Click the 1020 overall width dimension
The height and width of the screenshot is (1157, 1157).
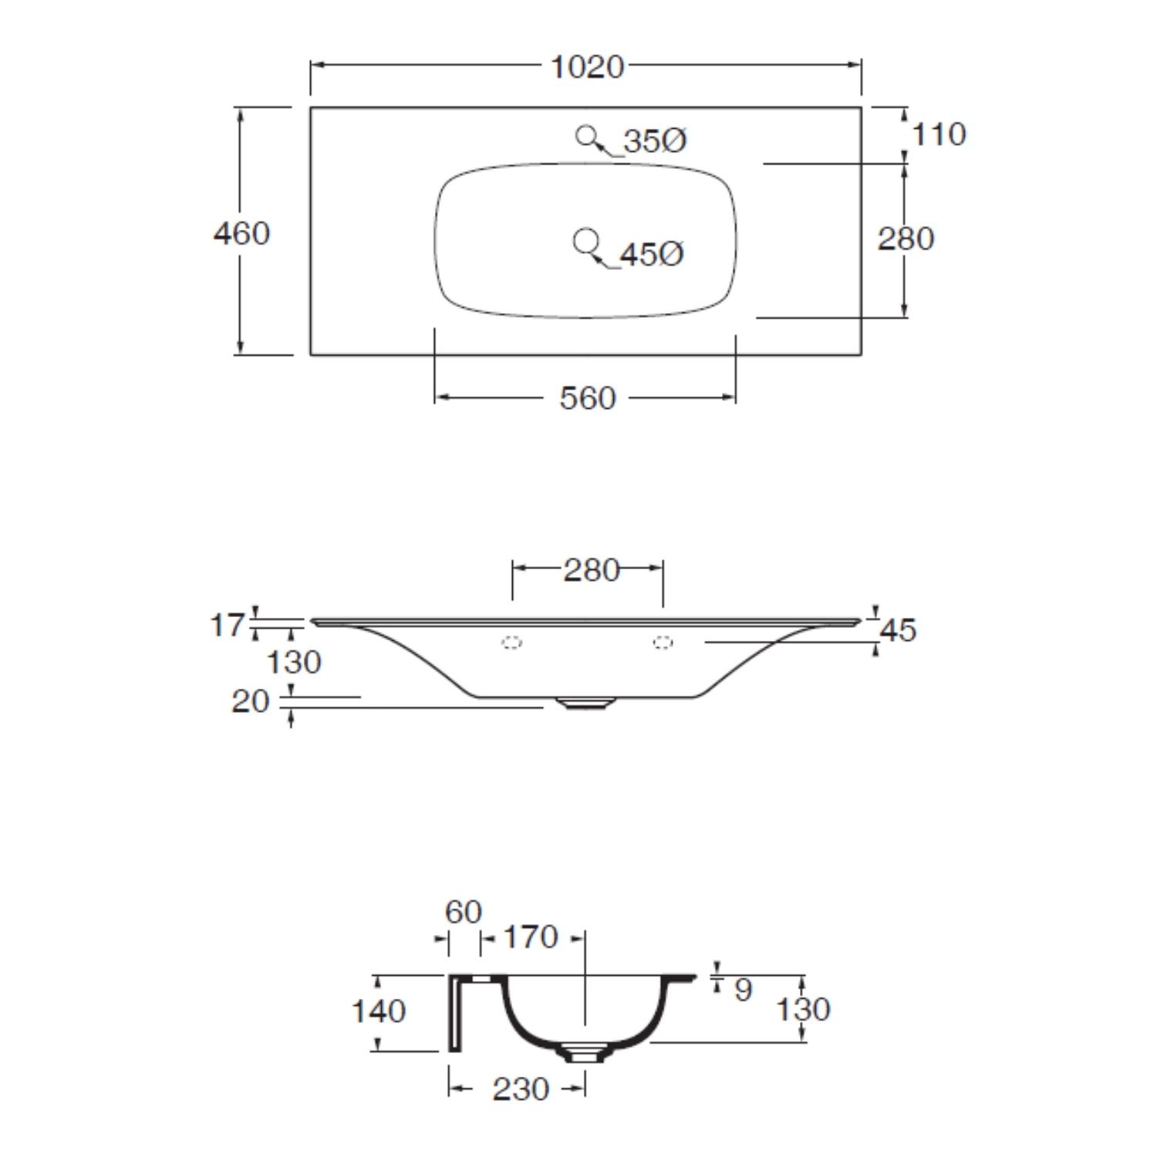586,67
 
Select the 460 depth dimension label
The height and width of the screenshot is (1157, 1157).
241,233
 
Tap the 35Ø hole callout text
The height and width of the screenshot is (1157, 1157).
655,141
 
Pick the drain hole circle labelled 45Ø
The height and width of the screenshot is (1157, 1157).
585,241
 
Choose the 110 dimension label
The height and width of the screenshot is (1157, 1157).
939,134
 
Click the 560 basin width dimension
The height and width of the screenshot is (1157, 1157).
587,398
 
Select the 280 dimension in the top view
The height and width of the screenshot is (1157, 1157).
906,238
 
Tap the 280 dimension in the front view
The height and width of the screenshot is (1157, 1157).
591,570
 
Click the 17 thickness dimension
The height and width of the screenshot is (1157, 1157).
227,624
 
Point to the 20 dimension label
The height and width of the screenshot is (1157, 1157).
250,701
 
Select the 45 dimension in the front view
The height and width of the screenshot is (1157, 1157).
898,630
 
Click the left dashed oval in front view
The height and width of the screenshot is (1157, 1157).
512,642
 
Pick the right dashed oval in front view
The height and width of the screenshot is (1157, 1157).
663,642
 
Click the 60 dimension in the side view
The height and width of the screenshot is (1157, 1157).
464,912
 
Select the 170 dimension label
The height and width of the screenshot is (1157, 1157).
530,937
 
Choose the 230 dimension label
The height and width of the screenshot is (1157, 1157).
521,1089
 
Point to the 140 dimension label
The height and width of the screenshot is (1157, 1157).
378,1010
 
